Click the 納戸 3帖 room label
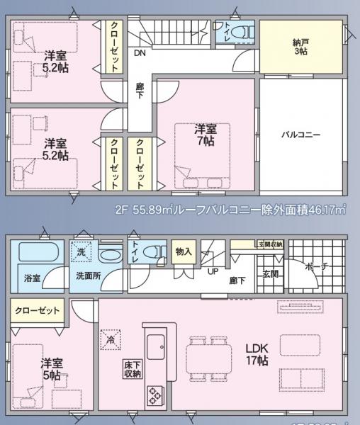click(x=300, y=47)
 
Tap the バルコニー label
click(x=300, y=133)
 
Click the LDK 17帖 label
click(x=256, y=354)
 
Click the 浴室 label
click(x=31, y=278)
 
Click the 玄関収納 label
click(x=270, y=244)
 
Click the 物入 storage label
click(x=183, y=251)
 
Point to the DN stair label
click(x=140, y=52)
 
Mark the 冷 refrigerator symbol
click(x=109, y=339)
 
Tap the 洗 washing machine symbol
click(x=81, y=252)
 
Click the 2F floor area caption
click(x=230, y=209)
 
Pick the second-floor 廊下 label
click(x=140, y=91)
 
